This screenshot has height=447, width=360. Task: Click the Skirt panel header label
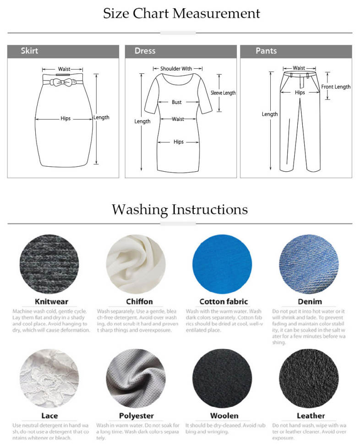point(29,51)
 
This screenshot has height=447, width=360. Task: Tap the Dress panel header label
point(145,51)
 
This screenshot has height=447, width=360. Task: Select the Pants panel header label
point(266,51)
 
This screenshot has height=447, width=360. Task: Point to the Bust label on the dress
point(177,102)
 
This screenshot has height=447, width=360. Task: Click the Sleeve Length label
point(223,93)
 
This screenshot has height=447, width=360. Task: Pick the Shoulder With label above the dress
point(176,68)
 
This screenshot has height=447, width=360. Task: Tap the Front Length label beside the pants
point(336,87)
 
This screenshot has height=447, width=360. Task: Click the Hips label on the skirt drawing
point(65,118)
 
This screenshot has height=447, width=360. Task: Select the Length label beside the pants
point(270,114)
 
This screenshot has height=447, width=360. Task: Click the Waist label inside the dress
point(178,119)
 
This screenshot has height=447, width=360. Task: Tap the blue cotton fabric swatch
point(222,264)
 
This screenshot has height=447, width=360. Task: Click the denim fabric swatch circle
point(309,264)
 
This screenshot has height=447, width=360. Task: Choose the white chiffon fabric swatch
point(136,264)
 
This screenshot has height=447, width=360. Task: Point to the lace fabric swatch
point(49,378)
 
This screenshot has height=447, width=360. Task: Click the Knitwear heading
point(52,302)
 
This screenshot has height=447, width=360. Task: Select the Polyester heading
point(136,416)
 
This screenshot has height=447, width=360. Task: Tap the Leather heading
point(311,416)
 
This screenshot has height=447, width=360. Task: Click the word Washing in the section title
point(140,210)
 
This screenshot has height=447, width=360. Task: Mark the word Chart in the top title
point(151,13)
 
